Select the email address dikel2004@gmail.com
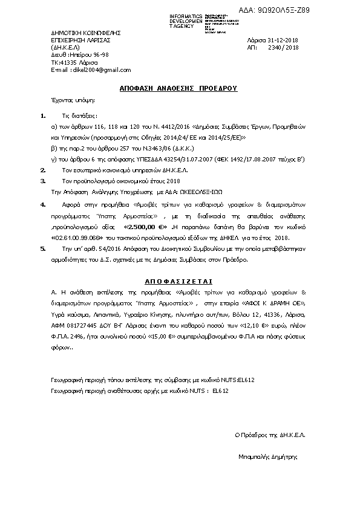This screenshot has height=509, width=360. click(x=93, y=70)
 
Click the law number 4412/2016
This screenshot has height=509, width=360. click(x=172, y=129)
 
